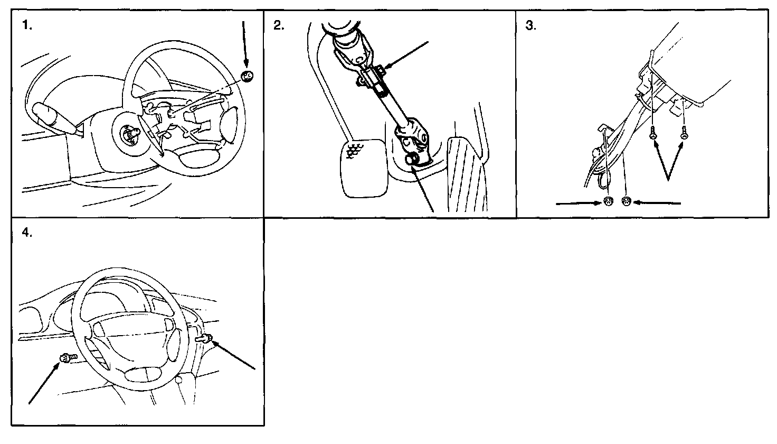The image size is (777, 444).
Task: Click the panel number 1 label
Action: pyautogui.click(x=27, y=25)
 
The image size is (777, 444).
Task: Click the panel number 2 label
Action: pyautogui.click(x=279, y=25)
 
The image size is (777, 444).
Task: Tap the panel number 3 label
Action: pyautogui.click(x=530, y=25)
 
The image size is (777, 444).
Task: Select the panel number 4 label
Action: pyautogui.click(x=27, y=232)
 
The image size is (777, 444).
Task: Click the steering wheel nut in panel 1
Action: pyautogui.click(x=248, y=76)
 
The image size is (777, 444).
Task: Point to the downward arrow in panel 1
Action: pyautogui.click(x=245, y=44)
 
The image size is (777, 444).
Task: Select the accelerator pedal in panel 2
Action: pyautogui.click(x=467, y=174)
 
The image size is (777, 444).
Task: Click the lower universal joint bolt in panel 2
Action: pyautogui.click(x=411, y=160)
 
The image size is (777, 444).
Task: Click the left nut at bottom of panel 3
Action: pyautogui.click(x=609, y=201)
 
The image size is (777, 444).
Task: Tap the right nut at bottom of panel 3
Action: pyautogui.click(x=627, y=201)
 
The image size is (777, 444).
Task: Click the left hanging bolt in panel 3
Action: pyautogui.click(x=653, y=133)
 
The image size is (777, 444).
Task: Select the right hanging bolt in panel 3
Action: pyautogui.click(x=684, y=132)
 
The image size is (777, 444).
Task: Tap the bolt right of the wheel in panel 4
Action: pyautogui.click(x=205, y=338)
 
